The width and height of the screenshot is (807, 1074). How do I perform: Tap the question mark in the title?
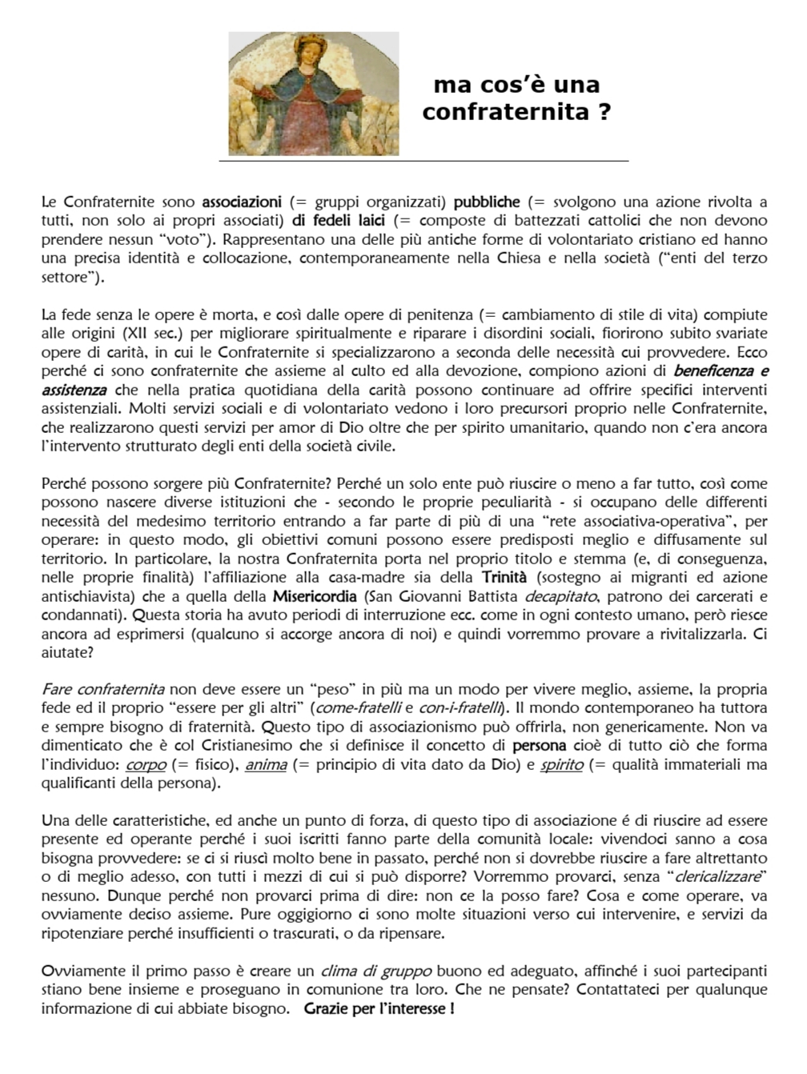click(605, 111)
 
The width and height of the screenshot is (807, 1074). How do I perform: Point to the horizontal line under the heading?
click(424, 161)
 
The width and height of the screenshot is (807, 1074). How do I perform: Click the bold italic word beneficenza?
click(713, 371)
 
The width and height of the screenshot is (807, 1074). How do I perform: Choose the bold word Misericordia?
click(315, 596)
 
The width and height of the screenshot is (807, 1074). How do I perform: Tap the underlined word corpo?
click(146, 764)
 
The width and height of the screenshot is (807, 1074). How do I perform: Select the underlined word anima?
click(266, 764)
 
